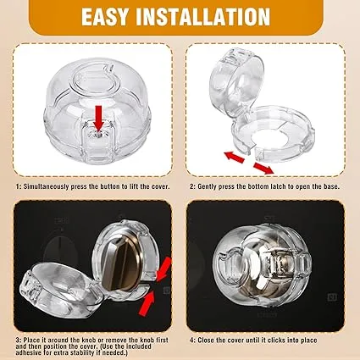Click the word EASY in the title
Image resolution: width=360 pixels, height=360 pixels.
[104, 17]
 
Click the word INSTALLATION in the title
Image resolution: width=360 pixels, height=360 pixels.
[203, 17]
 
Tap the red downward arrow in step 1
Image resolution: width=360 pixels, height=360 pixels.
[98, 118]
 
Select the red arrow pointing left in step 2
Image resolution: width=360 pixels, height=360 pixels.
[234, 156]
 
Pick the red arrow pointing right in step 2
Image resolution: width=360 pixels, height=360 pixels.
[263, 168]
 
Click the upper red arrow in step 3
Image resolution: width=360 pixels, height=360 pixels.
[164, 269]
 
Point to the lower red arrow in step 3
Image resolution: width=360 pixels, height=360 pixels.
[147, 303]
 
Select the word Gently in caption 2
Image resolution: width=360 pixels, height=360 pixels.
[208, 186]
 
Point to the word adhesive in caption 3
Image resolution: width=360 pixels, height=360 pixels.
[29, 353]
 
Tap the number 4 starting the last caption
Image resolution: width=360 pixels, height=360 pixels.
[192, 341]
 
